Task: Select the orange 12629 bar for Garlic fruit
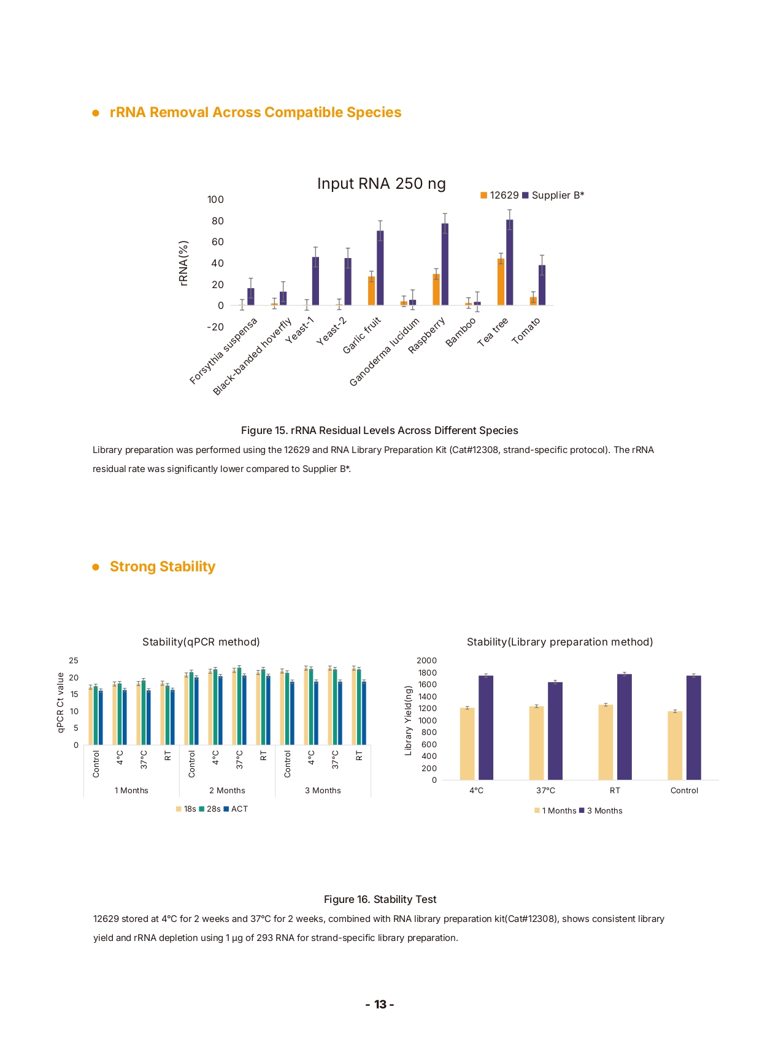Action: coord(371,291)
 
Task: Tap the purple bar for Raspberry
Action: coord(445,264)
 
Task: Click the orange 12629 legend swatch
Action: coord(483,196)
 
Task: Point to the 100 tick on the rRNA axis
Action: coord(215,200)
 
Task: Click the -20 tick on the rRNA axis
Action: coord(215,327)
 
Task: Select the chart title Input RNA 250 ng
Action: coord(381,184)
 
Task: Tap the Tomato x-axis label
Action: coord(526,331)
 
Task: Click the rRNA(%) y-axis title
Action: coord(183,263)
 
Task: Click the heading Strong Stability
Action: coord(163,566)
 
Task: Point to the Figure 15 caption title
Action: coord(379,430)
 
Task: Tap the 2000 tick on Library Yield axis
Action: coord(426,661)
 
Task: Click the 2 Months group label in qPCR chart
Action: coord(227,791)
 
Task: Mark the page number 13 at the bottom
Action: coord(380,1004)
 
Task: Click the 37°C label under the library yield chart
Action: coord(545,791)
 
